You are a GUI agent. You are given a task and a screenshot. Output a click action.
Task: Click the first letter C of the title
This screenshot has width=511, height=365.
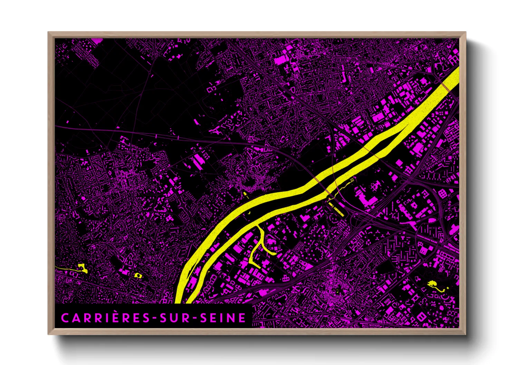(65, 318)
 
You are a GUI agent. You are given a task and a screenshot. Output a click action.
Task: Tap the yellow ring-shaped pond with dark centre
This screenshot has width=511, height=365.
(138, 275)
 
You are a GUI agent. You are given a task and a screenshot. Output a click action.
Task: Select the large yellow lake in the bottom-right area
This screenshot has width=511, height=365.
(432, 284)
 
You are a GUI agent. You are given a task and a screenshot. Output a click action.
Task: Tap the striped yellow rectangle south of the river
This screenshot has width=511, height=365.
(336, 209)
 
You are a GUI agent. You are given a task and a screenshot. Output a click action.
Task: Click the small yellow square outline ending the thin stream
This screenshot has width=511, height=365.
(352, 180)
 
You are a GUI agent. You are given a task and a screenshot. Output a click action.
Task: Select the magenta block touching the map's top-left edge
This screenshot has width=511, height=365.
(97, 41)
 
